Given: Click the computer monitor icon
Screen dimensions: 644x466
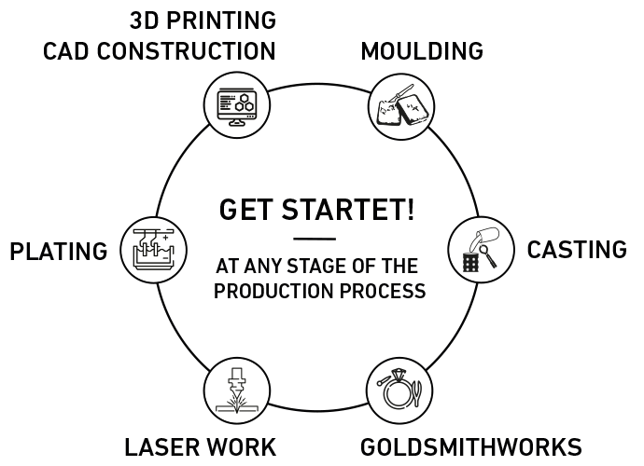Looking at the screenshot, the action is coord(237,106).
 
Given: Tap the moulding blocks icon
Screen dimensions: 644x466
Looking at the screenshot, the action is coord(400,106).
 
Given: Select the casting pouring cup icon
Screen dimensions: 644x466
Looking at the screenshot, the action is coord(481,250).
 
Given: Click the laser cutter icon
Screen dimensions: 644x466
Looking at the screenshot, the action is coord(237,391).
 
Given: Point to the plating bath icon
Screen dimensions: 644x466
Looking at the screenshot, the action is coord(154,250).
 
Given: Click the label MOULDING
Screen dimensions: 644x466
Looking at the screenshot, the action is coord(422,51).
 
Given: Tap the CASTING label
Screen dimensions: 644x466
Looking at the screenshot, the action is coord(577,250).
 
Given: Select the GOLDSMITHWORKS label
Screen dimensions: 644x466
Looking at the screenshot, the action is coord(471,446).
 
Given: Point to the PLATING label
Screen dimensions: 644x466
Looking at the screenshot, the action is coord(59,251).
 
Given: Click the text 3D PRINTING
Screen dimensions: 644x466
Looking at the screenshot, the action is coord(203,21).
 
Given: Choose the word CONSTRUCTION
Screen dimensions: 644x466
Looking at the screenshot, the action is coord(186,51).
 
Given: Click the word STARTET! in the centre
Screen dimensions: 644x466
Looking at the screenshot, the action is coord(348,209).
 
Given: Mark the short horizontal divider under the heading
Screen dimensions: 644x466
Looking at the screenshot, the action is coord(315,239).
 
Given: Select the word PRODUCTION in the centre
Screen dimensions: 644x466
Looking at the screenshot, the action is coord(273,291).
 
